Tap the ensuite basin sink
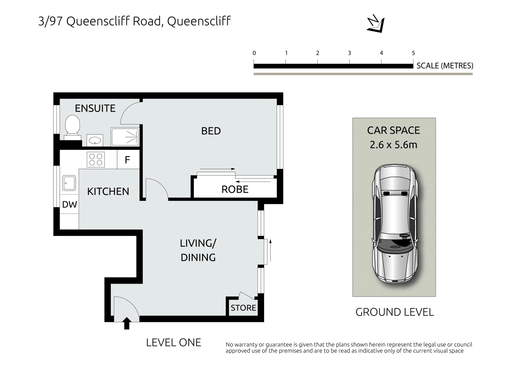(95, 140)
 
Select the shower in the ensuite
(125, 137)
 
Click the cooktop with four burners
(96, 160)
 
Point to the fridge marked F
(127, 160)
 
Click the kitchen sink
(69, 183)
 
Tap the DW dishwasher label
(70, 205)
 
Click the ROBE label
(235, 189)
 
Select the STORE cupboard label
(243, 308)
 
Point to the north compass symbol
(376, 24)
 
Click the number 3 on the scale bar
(349, 53)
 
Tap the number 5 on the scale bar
(413, 53)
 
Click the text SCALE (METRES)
(444, 66)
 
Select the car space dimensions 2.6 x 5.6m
(393, 145)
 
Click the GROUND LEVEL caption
(394, 312)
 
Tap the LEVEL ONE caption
(173, 343)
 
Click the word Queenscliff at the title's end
(199, 21)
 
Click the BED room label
(211, 131)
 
